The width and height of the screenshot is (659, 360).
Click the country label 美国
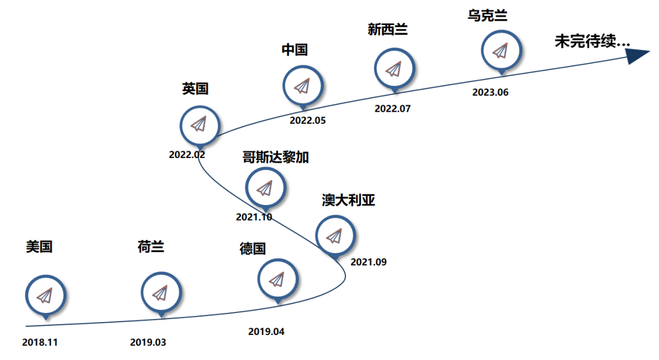pos(39,247)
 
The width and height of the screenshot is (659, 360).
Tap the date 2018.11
pos(40,342)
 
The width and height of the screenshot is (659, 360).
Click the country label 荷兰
pos(151,247)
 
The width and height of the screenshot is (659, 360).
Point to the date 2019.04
pos(266,332)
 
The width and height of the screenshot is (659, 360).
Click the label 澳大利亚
pos(348,200)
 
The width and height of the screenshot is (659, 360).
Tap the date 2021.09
pos(369,262)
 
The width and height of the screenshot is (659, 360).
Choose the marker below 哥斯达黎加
pos(265,187)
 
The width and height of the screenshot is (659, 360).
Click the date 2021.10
pos(254,217)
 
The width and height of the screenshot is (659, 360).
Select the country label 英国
pos(195,89)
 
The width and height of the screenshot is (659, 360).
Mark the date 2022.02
pos(187,154)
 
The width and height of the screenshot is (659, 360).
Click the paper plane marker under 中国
pos(303,85)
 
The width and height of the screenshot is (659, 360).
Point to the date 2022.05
pos(308,120)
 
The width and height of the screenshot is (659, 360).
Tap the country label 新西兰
pos(387,29)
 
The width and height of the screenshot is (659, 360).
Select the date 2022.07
pos(392,109)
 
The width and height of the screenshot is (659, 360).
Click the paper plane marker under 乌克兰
pos(501,50)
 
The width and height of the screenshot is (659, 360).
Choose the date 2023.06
pos(490,93)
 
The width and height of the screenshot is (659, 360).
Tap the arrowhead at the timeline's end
pos(638,56)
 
